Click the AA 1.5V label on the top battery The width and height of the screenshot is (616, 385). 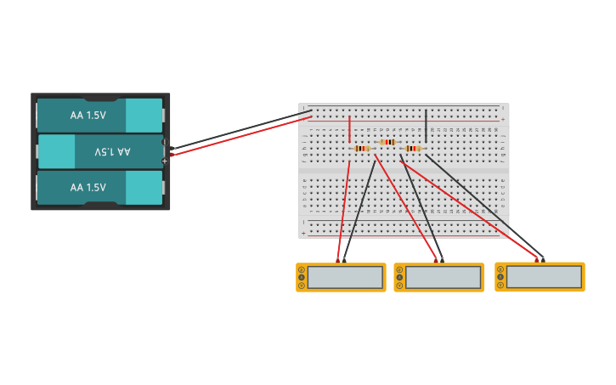point(88,115)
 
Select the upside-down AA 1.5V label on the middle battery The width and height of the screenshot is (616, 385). point(112,151)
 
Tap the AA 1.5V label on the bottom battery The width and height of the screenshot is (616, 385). point(88,187)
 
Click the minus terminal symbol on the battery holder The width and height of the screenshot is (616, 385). point(164,142)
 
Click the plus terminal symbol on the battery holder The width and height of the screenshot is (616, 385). point(164,161)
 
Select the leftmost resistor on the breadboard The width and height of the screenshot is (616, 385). point(362,149)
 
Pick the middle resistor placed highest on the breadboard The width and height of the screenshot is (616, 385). point(388,142)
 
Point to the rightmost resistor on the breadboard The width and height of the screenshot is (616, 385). point(413,149)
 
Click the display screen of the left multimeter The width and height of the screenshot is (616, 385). point(345,278)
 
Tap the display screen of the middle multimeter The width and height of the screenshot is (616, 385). point(443,278)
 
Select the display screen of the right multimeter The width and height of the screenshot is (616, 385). point(544,277)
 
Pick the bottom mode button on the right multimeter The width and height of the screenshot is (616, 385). point(500,285)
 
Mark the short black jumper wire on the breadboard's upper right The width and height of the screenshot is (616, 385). point(427,124)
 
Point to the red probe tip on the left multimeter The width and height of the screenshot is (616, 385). point(338,259)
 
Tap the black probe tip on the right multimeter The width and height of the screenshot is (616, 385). point(543,259)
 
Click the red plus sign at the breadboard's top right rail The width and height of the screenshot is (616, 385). point(503,120)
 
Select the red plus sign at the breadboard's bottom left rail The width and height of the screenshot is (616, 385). point(303,233)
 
